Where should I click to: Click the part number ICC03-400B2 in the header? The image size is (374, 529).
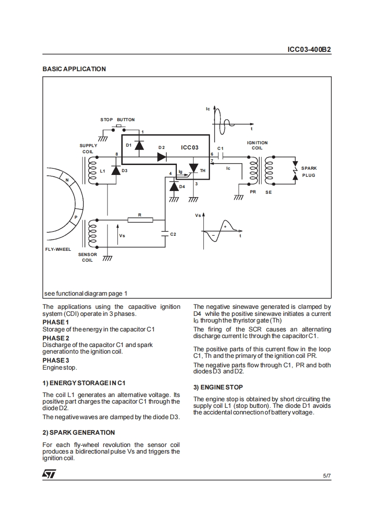point(309,49)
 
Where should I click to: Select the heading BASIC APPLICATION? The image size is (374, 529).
point(74,69)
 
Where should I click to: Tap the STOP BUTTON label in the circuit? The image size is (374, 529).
point(117,120)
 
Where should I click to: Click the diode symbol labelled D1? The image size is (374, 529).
point(139,145)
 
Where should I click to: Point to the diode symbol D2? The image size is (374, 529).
point(162,157)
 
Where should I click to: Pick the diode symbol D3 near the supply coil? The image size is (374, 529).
point(116,170)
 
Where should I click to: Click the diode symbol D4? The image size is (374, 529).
point(175,186)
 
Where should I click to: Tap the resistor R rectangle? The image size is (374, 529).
point(140,220)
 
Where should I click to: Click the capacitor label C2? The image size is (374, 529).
point(173,234)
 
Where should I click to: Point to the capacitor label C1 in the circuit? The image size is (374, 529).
point(220,149)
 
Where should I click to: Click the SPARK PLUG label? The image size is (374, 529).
point(309,172)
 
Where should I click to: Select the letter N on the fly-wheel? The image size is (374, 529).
point(67,181)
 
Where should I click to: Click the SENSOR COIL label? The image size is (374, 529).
point(87,257)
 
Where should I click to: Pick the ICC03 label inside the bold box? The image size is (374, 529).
point(190,148)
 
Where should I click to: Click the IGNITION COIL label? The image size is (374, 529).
point(257,145)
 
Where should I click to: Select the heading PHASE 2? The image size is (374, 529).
point(56,338)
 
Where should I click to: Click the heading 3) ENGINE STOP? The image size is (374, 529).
point(218,387)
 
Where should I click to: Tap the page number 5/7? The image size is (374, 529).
point(327,476)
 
